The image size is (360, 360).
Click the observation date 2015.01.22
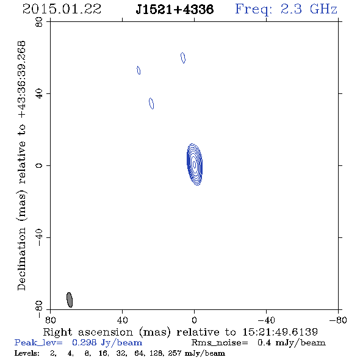pos(62,9)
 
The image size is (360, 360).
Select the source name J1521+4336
pos(175,10)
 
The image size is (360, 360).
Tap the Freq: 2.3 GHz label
pos(286,10)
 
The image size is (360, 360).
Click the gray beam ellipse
pos(70,300)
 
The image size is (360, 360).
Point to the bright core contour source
pos(195,164)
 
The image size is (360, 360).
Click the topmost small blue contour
pos(183,58)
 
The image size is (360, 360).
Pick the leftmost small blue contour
pos(139,70)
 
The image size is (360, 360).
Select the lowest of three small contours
pos(151,103)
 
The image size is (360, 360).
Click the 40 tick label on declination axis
pos(39,94)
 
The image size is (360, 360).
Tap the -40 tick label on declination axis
pos(39,237)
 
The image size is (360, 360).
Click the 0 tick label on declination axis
pos(39,165)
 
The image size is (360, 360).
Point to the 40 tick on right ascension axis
pos(123,320)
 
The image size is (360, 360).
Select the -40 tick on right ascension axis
pos(266,320)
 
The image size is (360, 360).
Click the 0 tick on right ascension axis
pos(194,320)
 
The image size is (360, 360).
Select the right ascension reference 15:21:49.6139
pos(280,332)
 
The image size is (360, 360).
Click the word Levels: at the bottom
pos(27,353)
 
